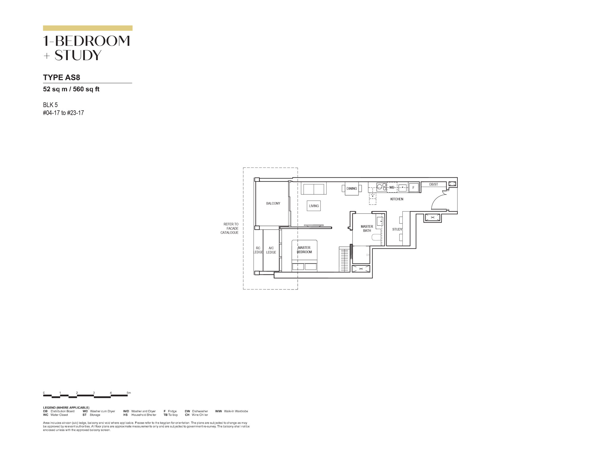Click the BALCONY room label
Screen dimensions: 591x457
click(x=273, y=203)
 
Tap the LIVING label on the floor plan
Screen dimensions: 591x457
click(x=314, y=206)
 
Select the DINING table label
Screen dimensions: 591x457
click(x=352, y=188)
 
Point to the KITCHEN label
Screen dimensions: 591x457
click(x=397, y=199)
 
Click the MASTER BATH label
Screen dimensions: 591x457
click(x=367, y=228)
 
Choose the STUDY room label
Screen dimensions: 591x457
click(x=397, y=229)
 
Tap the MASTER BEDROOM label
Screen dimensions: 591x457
click(x=304, y=250)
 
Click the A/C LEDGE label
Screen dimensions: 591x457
click(x=271, y=250)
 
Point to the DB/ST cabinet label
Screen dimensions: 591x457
click(x=433, y=184)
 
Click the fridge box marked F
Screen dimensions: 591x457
click(x=413, y=188)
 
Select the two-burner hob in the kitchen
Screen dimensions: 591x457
click(x=382, y=187)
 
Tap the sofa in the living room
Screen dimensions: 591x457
click(x=314, y=188)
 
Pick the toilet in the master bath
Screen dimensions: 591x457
click(x=376, y=237)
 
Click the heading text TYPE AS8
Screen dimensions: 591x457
click(x=62, y=77)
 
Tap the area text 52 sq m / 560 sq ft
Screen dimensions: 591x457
click(x=71, y=89)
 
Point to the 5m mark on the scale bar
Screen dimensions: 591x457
click(x=129, y=393)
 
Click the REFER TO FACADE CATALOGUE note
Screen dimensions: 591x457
click(x=229, y=228)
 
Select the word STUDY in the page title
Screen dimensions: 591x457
click(x=78, y=55)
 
